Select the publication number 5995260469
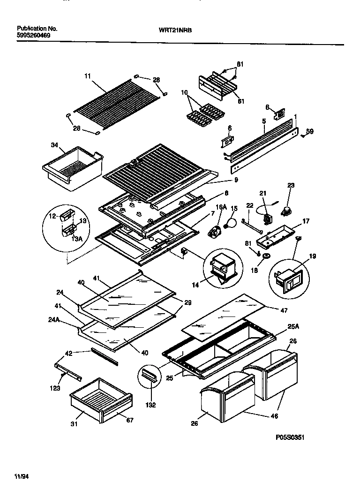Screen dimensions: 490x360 pos(31,35)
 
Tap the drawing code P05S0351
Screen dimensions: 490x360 pos(290,437)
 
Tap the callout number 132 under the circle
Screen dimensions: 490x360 pos(150,405)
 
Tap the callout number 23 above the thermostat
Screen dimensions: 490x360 pos(291,186)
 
